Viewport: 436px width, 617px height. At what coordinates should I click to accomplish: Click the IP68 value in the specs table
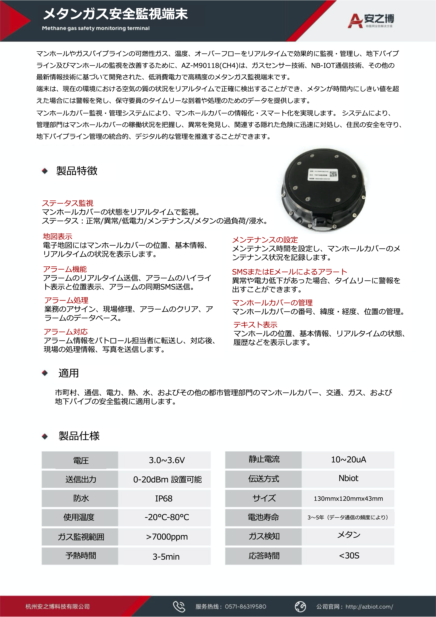point(164,498)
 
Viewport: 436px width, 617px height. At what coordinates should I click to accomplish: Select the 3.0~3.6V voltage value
point(167,460)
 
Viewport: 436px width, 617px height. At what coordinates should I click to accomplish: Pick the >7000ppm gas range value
point(167,537)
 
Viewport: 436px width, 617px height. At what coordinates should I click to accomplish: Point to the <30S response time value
point(349,555)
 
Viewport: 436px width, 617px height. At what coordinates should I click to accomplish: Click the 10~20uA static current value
point(348,459)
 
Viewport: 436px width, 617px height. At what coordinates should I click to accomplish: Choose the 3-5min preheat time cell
point(166,556)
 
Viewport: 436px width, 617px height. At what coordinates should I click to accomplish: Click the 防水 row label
point(81,498)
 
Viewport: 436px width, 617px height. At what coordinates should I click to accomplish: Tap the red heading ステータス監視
point(68,203)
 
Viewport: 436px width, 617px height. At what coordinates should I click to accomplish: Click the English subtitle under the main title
point(96,28)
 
